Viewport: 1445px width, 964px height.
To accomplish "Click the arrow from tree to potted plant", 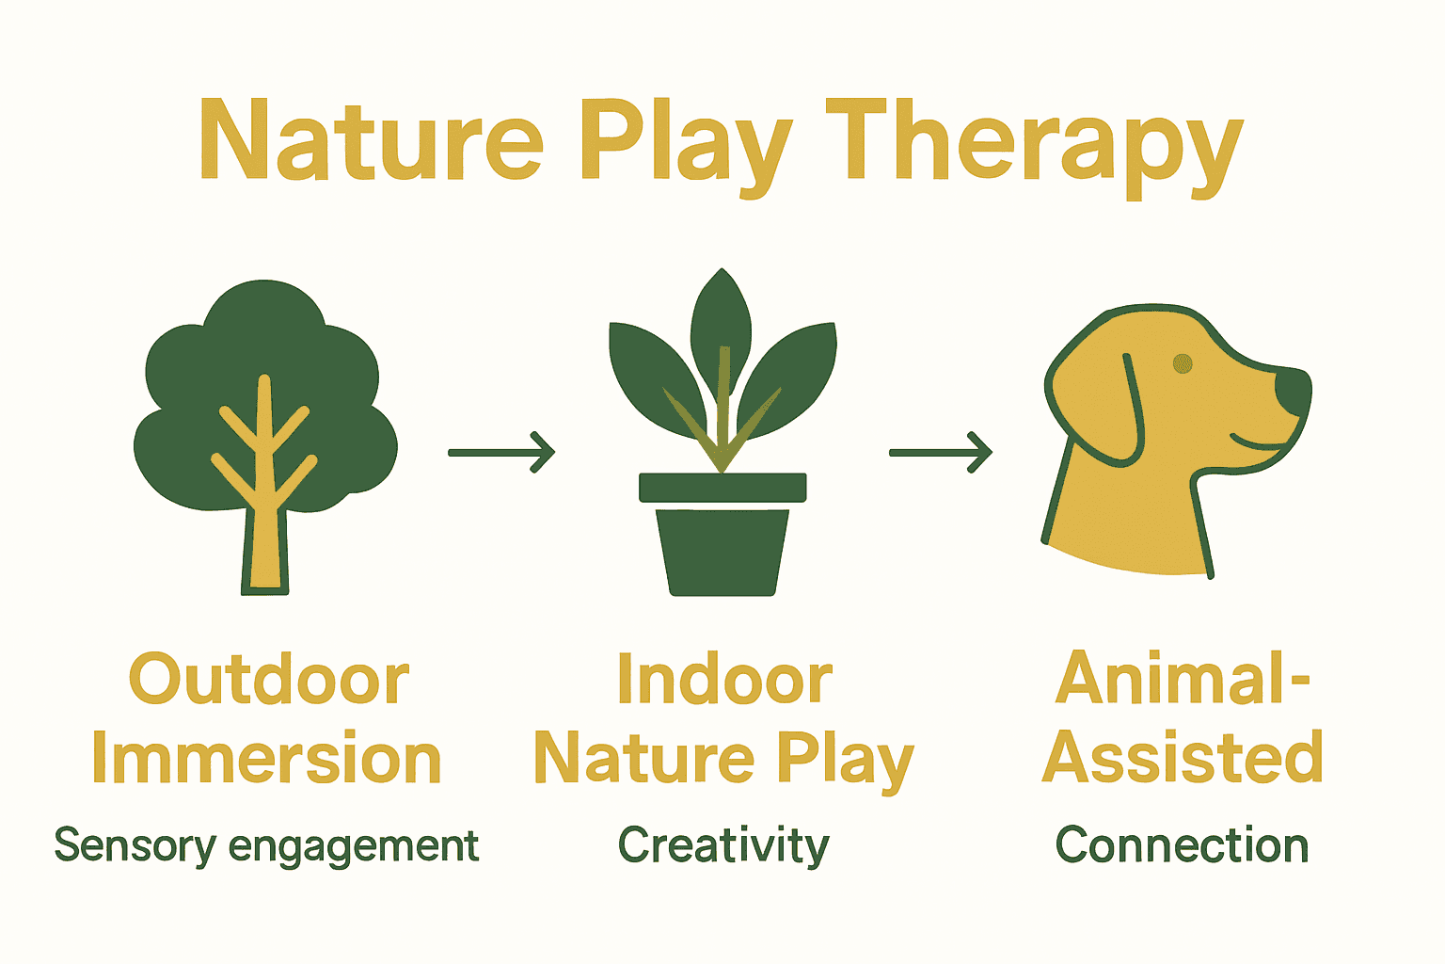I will point(501,453).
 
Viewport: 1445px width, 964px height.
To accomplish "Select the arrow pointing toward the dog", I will point(941,453).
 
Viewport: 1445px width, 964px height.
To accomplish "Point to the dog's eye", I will point(1183,363).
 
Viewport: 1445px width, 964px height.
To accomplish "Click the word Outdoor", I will point(269,679).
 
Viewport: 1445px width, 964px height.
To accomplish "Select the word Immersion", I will point(266,759).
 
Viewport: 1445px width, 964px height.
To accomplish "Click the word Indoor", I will point(724,679).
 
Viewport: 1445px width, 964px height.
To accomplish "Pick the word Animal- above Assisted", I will point(1183,677).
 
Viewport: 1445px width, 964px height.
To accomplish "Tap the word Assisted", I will point(1183,757).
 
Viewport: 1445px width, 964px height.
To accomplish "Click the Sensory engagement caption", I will point(266,845).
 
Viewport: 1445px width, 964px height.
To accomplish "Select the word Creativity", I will point(723,845).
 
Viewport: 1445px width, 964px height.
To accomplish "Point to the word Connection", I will point(1182,845).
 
